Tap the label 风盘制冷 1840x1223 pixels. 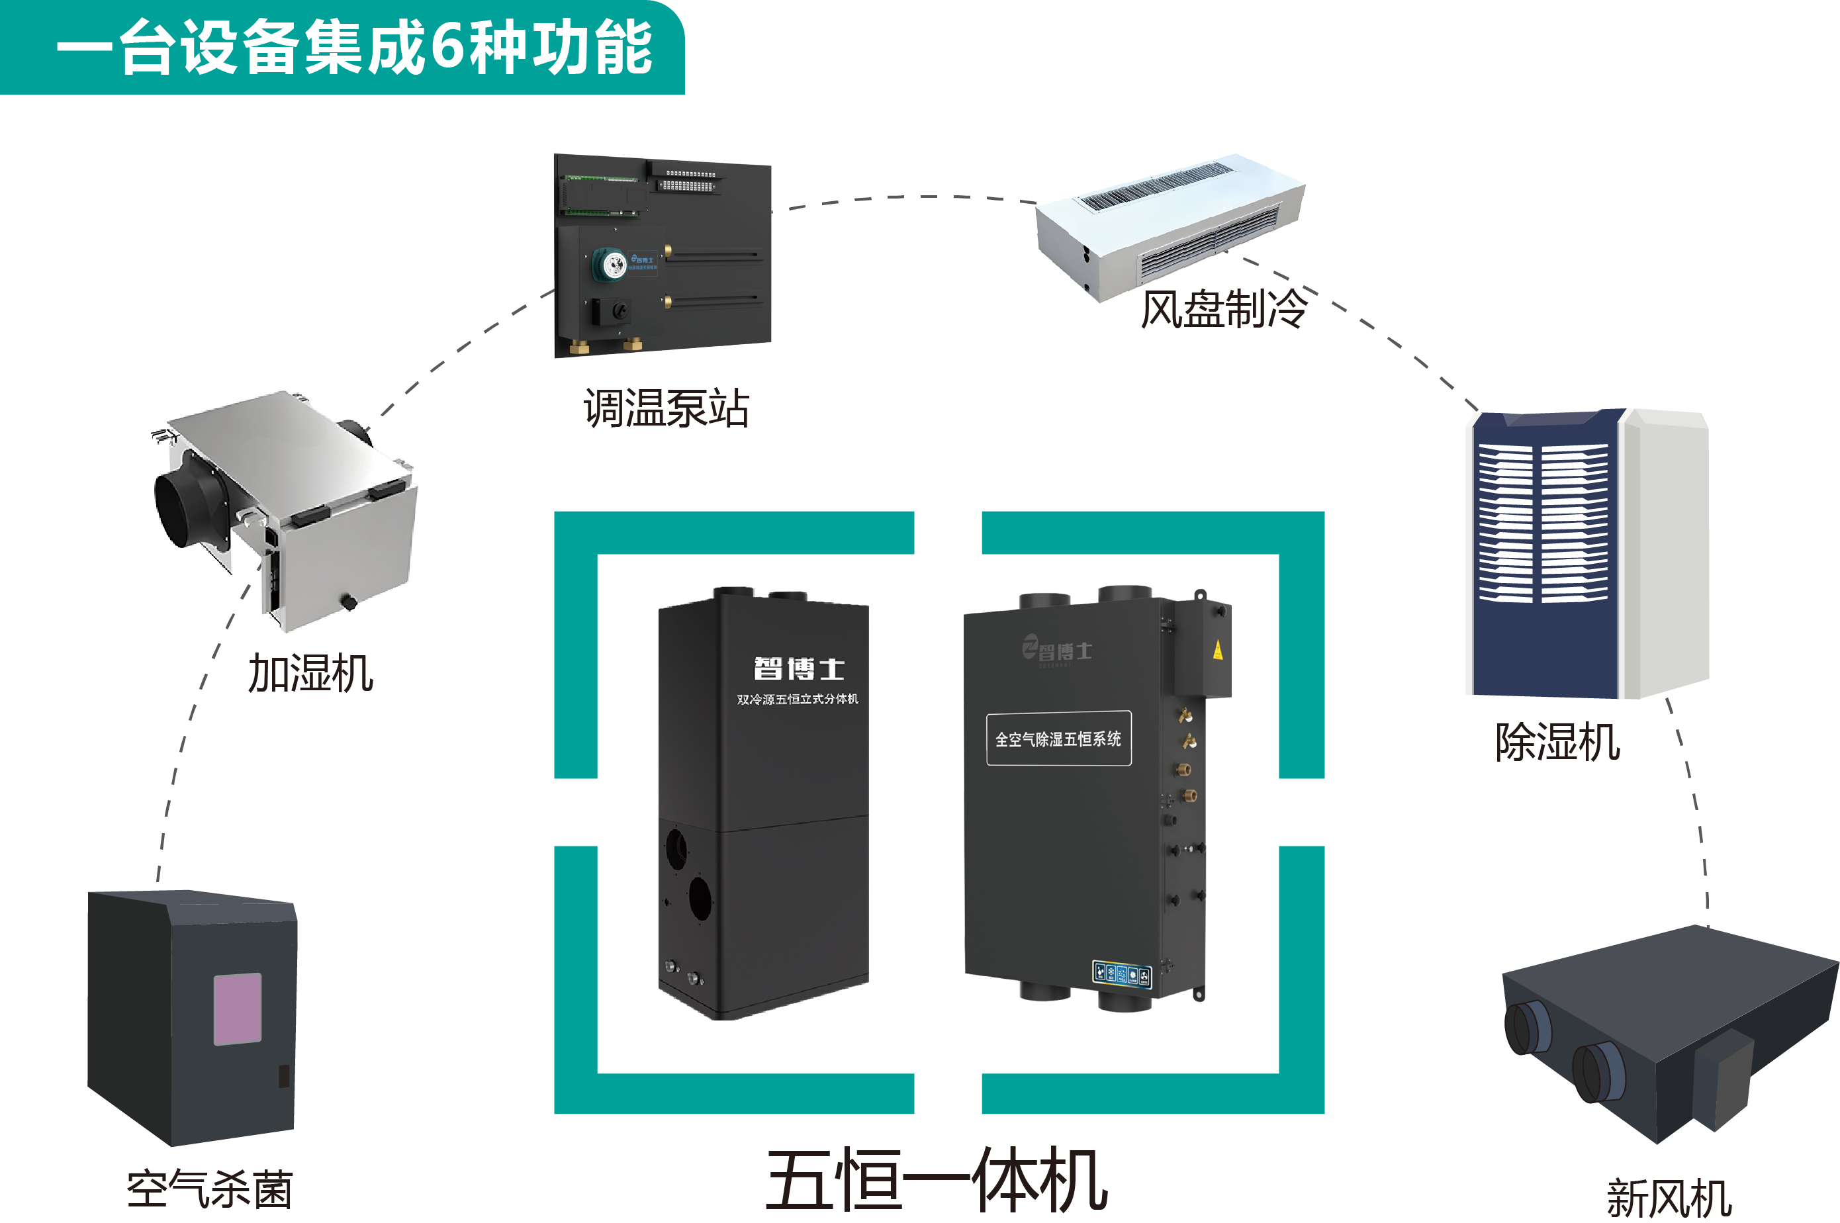[1222, 309]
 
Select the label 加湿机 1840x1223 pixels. [310, 673]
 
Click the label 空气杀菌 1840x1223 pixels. [210, 1189]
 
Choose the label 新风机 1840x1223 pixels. [1669, 1198]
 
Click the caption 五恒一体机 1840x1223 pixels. [936, 1180]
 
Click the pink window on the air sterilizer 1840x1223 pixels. [237, 1008]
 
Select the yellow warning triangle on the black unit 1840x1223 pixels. [1218, 650]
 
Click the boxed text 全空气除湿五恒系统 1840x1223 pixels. [1058, 738]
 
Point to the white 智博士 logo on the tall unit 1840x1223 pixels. [799, 668]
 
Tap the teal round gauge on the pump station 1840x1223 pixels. [614, 265]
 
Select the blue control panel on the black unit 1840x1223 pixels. [1122, 974]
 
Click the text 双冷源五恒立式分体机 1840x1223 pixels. [797, 699]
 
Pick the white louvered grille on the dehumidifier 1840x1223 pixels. [1542, 523]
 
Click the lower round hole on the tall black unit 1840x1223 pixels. [700, 898]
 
